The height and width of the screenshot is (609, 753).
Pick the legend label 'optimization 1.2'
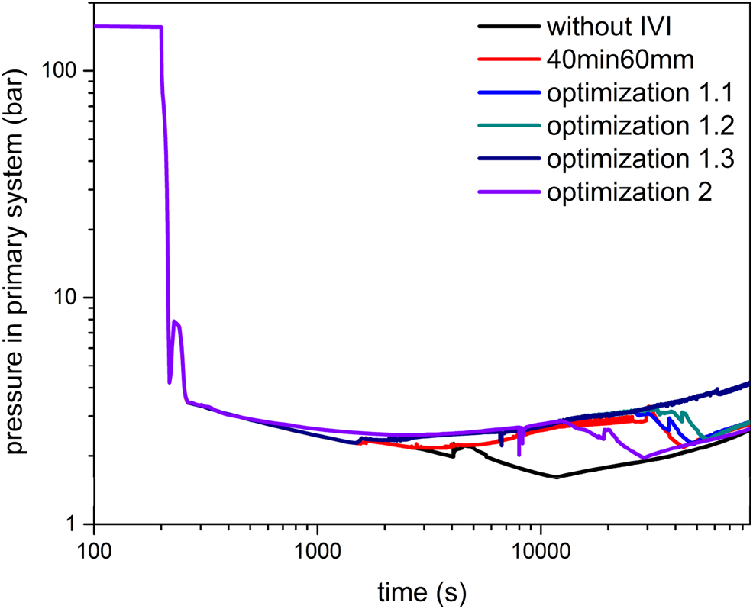pos(640,125)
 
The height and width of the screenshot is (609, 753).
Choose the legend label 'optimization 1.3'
pos(640,158)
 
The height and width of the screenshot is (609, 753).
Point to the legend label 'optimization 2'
pos(629,191)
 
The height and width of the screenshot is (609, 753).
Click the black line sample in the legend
pos(507,27)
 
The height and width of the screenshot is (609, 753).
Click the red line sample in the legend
pos(507,60)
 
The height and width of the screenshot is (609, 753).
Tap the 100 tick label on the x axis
pos(93,551)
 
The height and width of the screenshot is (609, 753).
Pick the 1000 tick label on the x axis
pos(317,551)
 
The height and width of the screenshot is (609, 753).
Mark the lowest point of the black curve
pos(556,478)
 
